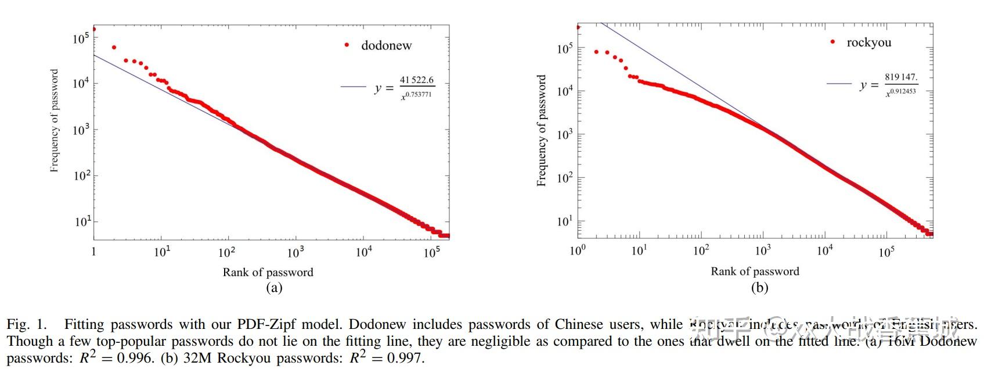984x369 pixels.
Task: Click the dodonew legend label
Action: (x=386, y=45)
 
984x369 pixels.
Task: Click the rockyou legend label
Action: (x=868, y=42)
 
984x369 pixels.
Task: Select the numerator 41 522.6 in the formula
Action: (x=416, y=80)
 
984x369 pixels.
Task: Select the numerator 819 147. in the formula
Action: (x=901, y=77)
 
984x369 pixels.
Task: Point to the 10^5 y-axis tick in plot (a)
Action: (x=81, y=38)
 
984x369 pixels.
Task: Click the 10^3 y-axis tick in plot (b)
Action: (x=565, y=134)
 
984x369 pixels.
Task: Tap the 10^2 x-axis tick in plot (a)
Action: (x=226, y=252)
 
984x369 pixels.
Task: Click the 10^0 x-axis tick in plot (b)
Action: (x=578, y=250)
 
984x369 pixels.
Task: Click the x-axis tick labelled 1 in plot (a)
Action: (x=94, y=252)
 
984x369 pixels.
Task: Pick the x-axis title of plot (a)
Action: (x=268, y=272)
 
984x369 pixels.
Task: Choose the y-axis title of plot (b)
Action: (x=542, y=130)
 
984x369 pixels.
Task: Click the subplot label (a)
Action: (x=273, y=287)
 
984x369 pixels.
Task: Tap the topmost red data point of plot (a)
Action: (x=94, y=28)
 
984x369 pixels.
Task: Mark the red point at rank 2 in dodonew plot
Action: (x=114, y=48)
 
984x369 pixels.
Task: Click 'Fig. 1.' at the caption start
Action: (x=26, y=324)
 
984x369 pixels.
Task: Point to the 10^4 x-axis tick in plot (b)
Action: (x=824, y=250)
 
